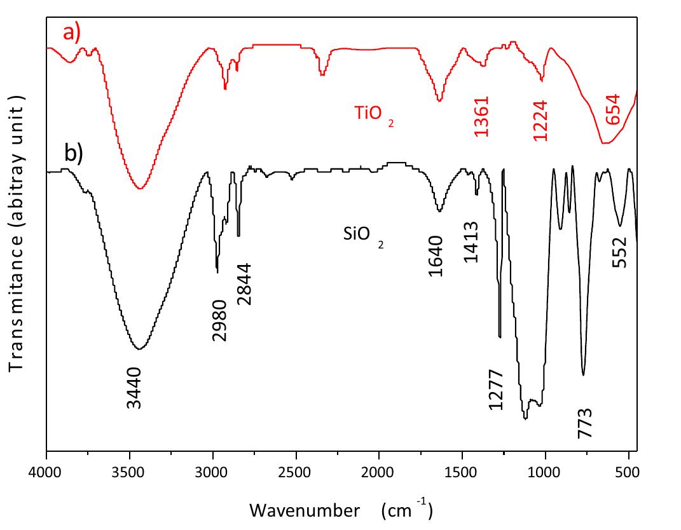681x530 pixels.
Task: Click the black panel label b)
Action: pyautogui.click(x=74, y=154)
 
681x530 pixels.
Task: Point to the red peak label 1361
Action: pyautogui.click(x=482, y=117)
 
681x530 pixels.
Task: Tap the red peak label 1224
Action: pyautogui.click(x=540, y=119)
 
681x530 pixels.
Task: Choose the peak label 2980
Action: pyautogui.click(x=219, y=321)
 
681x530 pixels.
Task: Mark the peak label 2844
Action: pyautogui.click(x=245, y=284)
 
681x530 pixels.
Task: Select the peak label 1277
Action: pyautogui.click(x=496, y=390)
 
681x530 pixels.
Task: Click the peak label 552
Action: pyautogui.click(x=619, y=252)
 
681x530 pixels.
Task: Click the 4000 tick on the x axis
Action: pyautogui.click(x=46, y=473)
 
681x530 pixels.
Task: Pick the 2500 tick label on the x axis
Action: pyautogui.click(x=296, y=473)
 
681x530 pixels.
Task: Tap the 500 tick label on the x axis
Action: pyautogui.click(x=628, y=473)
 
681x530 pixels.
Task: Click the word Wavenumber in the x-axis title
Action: pyautogui.click(x=296, y=510)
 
